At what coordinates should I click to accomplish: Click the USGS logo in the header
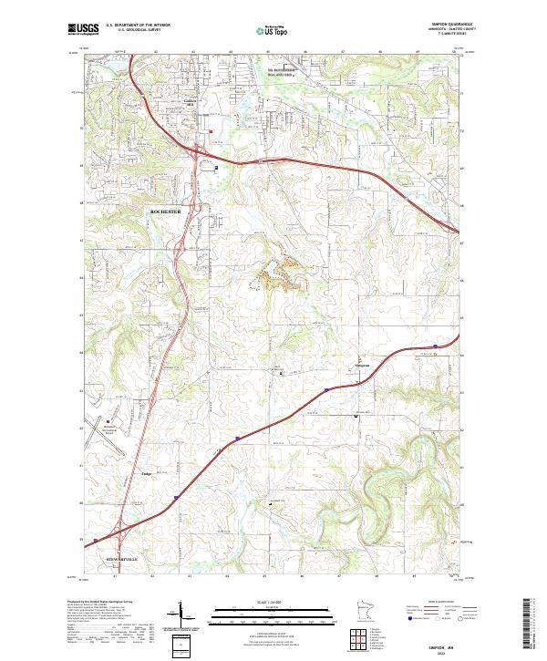(83, 29)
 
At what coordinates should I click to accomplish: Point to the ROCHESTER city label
(166, 212)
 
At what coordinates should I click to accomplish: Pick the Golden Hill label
(191, 103)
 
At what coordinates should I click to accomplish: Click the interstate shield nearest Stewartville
(176, 499)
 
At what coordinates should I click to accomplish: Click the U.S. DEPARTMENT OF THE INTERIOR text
(138, 26)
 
